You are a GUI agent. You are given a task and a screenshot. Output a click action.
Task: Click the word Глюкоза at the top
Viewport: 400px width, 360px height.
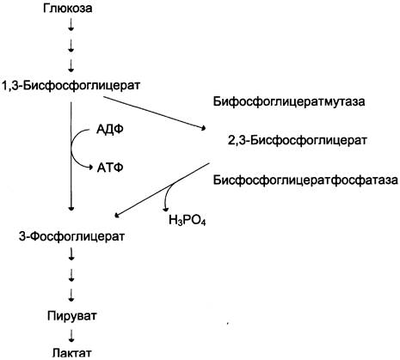(x=68, y=8)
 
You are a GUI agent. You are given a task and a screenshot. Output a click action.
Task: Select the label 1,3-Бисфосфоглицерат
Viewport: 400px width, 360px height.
(x=71, y=85)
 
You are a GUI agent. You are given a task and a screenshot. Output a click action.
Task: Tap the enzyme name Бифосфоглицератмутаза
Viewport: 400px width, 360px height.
(x=289, y=101)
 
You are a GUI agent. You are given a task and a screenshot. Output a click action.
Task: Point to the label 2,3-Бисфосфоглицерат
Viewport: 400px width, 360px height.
(x=298, y=140)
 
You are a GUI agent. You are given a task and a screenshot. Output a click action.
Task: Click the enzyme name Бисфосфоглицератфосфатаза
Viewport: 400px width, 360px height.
(x=305, y=180)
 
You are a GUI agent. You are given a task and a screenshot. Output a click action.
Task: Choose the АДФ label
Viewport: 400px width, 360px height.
(x=110, y=130)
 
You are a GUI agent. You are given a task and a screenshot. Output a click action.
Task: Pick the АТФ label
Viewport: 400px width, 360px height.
(x=110, y=168)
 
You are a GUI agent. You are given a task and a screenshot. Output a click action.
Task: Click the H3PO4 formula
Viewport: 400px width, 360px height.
(x=187, y=220)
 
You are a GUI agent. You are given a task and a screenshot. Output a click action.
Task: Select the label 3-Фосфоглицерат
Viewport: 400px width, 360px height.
(x=71, y=236)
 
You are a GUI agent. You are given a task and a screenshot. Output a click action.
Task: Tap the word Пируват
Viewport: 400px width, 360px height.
(x=72, y=316)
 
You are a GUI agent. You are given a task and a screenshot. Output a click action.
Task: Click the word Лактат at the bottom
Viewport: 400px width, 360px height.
(x=72, y=352)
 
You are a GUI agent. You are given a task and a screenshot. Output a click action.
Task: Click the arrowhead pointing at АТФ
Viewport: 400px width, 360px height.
(x=90, y=167)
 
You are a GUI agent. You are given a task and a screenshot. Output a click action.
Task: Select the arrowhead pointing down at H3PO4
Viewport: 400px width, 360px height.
(x=165, y=209)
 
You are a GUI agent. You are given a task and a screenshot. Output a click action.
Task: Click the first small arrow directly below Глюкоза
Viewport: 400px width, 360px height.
(x=71, y=25)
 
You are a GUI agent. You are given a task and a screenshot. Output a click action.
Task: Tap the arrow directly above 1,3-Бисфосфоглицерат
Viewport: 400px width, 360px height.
(x=71, y=66)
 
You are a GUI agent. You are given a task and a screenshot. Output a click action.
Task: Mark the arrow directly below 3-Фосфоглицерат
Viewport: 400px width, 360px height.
(x=71, y=254)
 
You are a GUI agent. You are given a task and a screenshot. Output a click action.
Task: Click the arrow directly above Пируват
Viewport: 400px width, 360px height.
(x=71, y=295)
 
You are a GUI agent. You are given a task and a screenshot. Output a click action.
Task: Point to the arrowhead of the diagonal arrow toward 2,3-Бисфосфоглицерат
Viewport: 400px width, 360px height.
(x=204, y=128)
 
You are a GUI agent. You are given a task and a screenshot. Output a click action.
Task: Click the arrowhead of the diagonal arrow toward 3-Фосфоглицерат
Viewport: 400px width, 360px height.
(x=117, y=216)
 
